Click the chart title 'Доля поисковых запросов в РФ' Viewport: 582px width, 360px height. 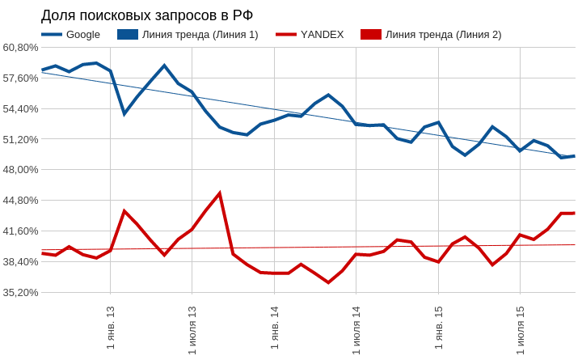point(147,15)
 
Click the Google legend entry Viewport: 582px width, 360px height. point(70,35)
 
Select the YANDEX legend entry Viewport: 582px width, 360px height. point(310,35)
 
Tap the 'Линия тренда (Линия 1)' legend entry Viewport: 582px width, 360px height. point(188,35)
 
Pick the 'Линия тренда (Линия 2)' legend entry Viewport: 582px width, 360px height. point(431,35)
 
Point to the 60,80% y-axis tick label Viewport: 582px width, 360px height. point(20,48)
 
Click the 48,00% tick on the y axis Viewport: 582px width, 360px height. point(20,170)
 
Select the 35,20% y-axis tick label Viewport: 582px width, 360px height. point(20,292)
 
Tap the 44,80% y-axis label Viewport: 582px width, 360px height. point(20,201)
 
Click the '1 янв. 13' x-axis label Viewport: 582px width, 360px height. point(111,328)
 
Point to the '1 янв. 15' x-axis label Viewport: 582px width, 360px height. point(439,328)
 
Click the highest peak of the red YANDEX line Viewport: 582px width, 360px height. point(220,193)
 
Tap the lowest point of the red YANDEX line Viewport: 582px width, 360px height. point(328,282)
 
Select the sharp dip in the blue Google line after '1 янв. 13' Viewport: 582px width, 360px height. point(124,114)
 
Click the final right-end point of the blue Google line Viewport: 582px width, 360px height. point(575,156)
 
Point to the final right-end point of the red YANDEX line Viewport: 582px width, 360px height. point(575,214)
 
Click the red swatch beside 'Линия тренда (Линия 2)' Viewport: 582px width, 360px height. point(371,35)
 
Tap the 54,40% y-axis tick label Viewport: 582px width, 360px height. point(20,109)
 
